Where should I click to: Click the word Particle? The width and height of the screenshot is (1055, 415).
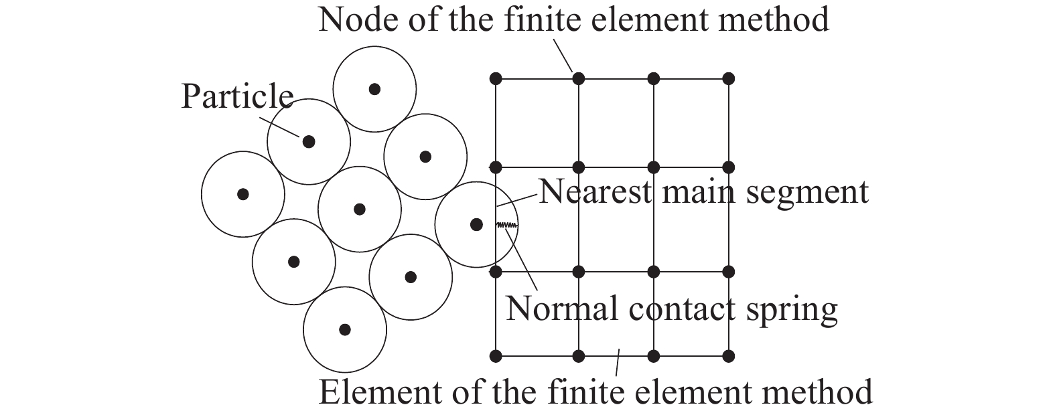pos(237,96)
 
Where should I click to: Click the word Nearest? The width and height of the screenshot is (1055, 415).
pos(595,192)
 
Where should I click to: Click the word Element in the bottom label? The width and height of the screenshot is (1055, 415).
pos(376,392)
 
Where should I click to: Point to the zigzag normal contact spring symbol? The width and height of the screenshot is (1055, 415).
pos(507,226)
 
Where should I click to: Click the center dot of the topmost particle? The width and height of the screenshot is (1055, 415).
pos(374,89)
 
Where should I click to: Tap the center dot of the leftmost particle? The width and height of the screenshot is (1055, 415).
pos(242,194)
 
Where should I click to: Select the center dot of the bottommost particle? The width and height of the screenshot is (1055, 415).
pos(345,329)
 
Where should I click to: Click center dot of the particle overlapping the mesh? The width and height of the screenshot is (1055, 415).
pos(476,224)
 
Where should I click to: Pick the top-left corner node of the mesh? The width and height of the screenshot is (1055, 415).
pos(496,78)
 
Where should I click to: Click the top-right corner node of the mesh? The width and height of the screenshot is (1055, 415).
pos(729,78)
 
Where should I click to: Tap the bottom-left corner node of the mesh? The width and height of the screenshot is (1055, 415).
pos(496,356)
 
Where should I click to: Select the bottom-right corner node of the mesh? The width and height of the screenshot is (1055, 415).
pos(729,356)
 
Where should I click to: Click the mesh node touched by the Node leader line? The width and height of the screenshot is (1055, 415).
pos(578,78)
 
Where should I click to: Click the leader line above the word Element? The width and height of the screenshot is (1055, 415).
pos(618,362)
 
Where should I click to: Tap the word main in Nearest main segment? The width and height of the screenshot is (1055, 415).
pos(699,192)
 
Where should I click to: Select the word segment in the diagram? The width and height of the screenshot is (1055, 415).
pos(807,194)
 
